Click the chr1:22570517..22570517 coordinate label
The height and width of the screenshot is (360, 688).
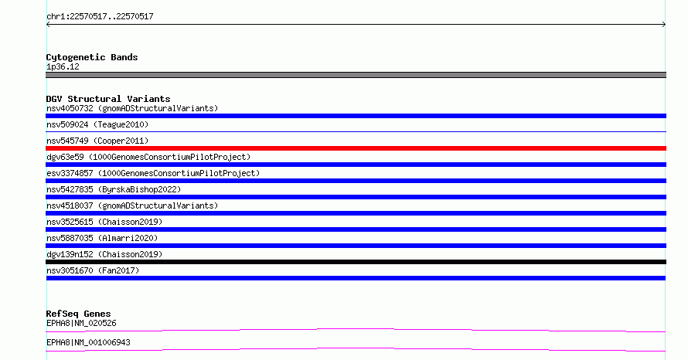coord(100,17)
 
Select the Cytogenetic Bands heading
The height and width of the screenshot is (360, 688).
coord(92,57)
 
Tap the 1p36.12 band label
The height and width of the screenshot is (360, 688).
coord(63,66)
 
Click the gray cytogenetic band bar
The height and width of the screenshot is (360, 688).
coord(356,75)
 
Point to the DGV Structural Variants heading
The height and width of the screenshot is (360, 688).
coord(108,99)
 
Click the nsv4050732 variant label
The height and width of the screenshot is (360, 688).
coord(132,108)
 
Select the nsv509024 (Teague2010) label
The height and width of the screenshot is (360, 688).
coord(97,124)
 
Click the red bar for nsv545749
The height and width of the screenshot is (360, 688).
coord(356,148)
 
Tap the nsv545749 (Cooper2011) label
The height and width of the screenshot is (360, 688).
coord(97,141)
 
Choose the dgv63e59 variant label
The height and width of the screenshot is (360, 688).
coord(148,157)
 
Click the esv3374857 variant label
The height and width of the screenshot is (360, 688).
coord(153,173)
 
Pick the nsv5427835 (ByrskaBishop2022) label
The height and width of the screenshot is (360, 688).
coord(114,189)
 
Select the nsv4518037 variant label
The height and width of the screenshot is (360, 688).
coord(132,205)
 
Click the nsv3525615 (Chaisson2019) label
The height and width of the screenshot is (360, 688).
coord(104,222)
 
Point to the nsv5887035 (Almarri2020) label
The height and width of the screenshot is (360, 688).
coord(102,238)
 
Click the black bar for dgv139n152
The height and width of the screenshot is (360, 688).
coord(356,262)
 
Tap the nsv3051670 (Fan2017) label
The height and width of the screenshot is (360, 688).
coord(93,270)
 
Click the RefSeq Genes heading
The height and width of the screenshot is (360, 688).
coord(78,314)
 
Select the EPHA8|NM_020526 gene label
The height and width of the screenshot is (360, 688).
coord(81,323)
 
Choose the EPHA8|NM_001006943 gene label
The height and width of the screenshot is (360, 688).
coord(88,342)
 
